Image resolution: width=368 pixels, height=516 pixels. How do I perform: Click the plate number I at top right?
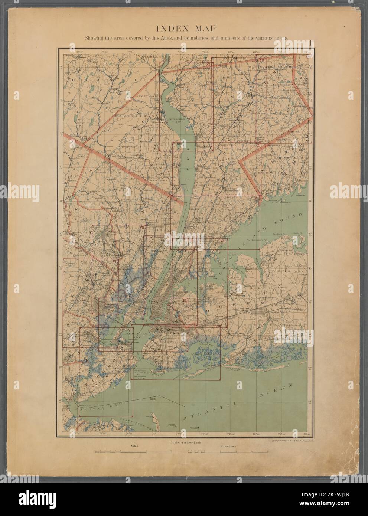pos(310,43)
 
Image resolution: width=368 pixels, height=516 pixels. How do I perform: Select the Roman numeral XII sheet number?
pos(261,60)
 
